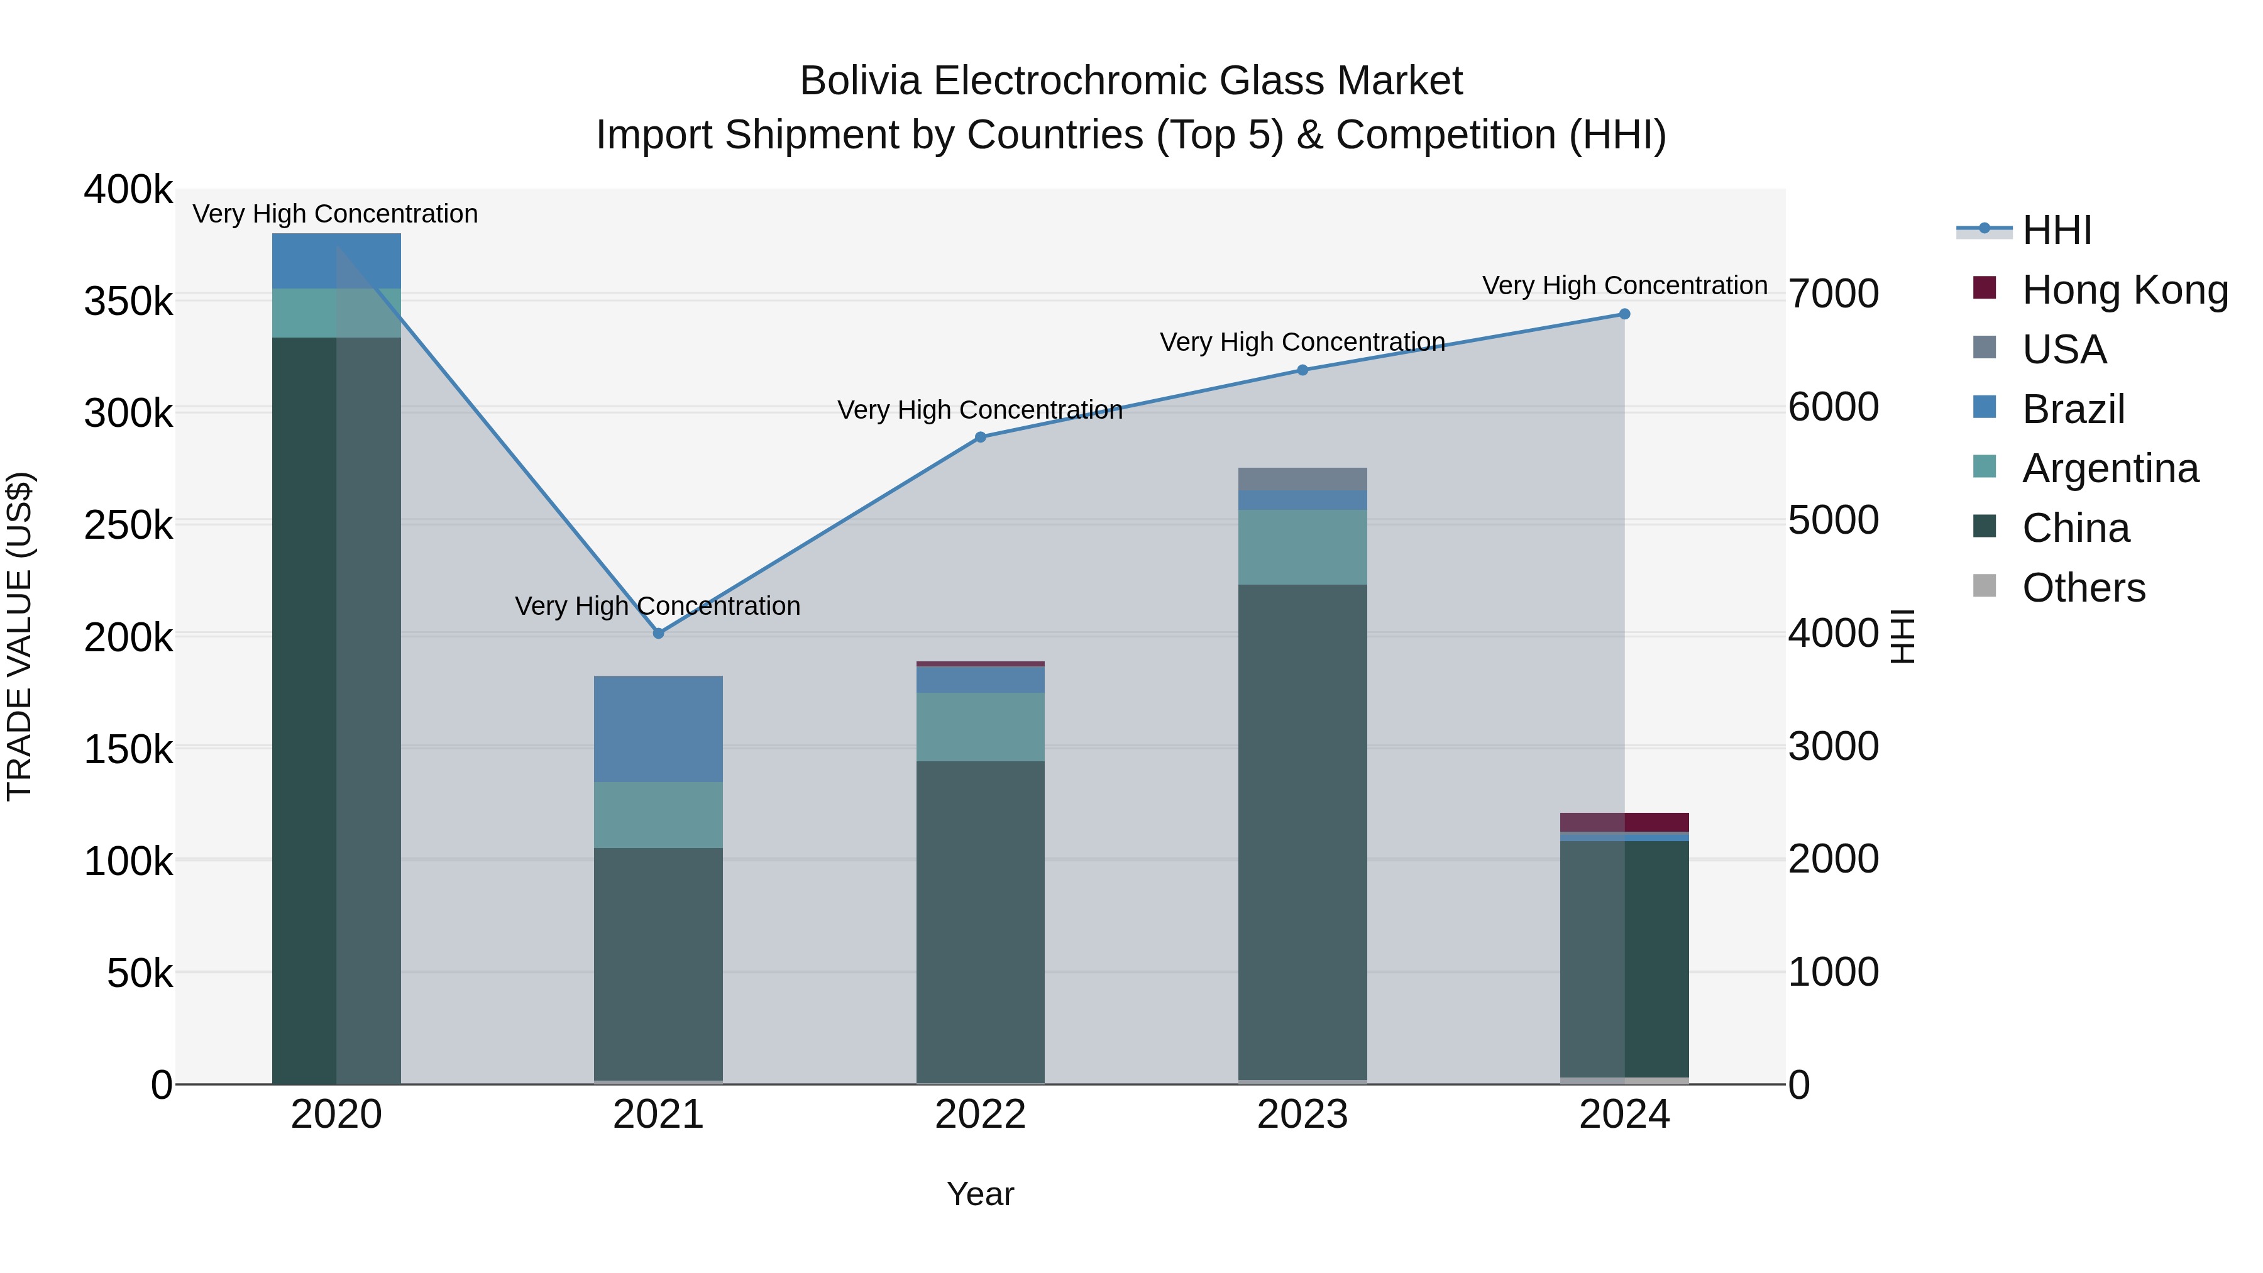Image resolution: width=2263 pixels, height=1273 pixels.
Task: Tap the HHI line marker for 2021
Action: (659, 632)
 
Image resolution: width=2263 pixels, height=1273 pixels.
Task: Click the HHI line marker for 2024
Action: (1624, 314)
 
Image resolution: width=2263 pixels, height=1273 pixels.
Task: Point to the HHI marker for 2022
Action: (981, 437)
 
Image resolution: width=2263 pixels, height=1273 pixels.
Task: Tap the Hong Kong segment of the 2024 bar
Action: (1624, 822)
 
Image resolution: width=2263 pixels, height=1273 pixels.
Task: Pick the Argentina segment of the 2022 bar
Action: (981, 727)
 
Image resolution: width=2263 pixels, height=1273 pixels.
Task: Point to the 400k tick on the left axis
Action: (128, 190)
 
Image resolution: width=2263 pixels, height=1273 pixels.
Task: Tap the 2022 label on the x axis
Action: (981, 1115)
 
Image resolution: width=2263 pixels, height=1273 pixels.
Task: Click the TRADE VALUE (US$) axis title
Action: (19, 636)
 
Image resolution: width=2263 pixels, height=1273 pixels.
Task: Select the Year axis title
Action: (981, 1194)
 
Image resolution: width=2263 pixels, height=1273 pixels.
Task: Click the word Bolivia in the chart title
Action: (859, 81)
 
